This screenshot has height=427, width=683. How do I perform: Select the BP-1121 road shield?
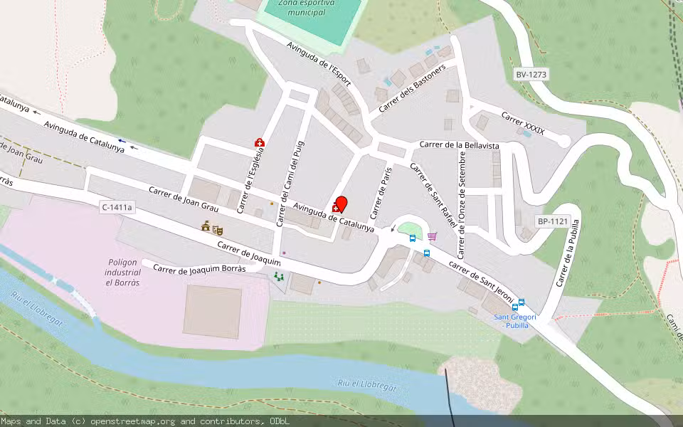(552, 222)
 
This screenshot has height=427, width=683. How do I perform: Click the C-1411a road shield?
(117, 207)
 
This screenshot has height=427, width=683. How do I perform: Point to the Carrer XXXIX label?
(523, 122)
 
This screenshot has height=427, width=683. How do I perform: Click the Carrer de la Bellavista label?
(459, 145)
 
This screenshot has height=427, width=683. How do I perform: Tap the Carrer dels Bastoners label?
(412, 88)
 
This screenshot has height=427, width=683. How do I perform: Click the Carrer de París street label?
(381, 192)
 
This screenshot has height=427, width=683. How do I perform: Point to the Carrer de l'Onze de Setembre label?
(462, 204)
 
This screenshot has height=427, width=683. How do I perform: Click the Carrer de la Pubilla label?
(568, 253)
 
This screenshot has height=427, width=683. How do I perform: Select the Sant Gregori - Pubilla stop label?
(515, 321)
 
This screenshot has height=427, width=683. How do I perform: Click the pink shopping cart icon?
(432, 236)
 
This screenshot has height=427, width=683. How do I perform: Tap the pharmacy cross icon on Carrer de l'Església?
(260, 143)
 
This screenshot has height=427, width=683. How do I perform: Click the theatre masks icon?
(218, 230)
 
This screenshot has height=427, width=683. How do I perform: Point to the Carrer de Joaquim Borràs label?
(199, 269)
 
